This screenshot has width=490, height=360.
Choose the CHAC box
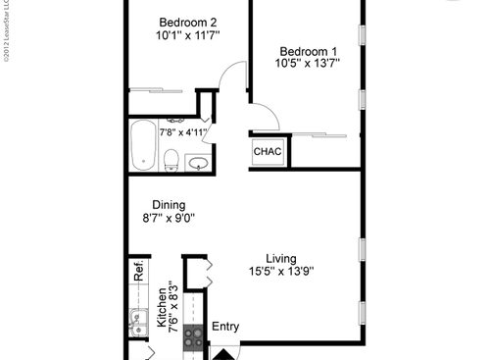[x=269, y=152]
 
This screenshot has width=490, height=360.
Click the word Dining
[x=169, y=205]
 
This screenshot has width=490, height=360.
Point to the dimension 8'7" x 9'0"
[x=169, y=219]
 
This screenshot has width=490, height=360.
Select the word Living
[x=281, y=259]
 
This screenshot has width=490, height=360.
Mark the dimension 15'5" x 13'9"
[x=281, y=274]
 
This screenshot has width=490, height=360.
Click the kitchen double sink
[x=137, y=319]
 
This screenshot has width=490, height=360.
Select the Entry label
[x=225, y=327]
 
